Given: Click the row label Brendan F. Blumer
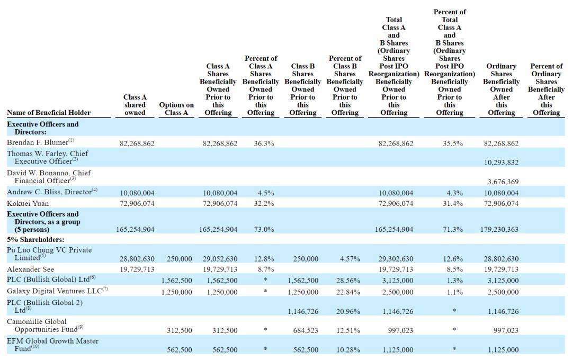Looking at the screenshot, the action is click(38, 142).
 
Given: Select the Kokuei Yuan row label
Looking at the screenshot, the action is click(28, 203).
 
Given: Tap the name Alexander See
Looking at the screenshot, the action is click(30, 269).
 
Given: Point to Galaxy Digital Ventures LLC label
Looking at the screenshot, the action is click(54, 291).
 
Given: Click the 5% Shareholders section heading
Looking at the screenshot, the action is click(35, 240).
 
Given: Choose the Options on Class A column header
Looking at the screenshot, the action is click(176, 109).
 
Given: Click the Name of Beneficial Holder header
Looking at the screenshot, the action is click(49, 113).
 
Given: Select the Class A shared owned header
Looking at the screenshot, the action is click(135, 105).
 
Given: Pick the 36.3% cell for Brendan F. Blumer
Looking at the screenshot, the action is click(264, 143).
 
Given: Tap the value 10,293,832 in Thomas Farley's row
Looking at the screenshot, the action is click(501, 163).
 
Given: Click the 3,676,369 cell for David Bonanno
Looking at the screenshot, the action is click(503, 182).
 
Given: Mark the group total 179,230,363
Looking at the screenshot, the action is click(499, 229).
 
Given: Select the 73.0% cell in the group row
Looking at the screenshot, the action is click(264, 229).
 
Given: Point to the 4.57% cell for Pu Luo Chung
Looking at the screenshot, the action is click(350, 259).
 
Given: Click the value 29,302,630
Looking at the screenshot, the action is click(396, 259).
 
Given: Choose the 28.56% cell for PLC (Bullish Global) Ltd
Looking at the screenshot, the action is click(348, 281).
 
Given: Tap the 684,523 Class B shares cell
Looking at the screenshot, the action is click(306, 330).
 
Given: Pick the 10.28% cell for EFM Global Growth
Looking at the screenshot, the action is click(348, 350).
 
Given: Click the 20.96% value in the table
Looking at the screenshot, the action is click(348, 311).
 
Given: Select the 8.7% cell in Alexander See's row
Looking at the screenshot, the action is click(266, 269).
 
